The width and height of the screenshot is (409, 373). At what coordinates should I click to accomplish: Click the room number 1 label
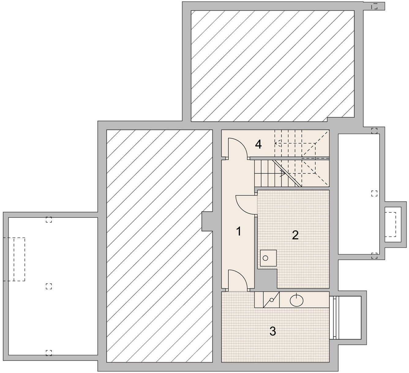(238, 231)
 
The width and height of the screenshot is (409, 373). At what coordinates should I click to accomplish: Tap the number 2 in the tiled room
(295, 235)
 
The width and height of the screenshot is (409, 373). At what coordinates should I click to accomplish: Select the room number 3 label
(273, 331)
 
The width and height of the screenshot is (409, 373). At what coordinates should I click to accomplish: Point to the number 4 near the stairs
(258, 145)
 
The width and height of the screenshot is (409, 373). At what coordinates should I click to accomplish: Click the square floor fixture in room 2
(268, 258)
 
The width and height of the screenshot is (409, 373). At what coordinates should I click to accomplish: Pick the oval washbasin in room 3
(297, 300)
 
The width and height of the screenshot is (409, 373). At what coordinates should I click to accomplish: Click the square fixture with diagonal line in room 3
(271, 300)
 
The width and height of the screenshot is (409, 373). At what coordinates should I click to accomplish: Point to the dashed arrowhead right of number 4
(276, 143)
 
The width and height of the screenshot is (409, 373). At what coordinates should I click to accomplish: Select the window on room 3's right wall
(334, 318)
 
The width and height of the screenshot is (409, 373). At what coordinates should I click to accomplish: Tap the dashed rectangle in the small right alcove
(390, 224)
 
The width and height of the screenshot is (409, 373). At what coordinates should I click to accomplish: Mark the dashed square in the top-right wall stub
(374, 6)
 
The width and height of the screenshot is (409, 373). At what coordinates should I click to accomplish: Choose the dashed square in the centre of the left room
(49, 286)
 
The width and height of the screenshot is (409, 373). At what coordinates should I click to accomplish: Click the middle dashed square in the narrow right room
(374, 193)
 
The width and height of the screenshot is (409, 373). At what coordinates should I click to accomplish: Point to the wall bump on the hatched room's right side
(207, 221)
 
